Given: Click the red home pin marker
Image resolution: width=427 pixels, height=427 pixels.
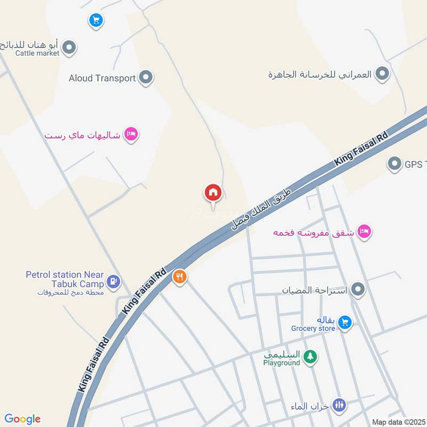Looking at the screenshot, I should coord(213,193).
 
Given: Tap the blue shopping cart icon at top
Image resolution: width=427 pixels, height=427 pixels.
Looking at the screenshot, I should coord(96,21).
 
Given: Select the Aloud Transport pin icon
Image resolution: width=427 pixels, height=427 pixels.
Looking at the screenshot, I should coord(146,78).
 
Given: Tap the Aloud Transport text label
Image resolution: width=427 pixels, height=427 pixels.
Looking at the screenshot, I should coord(102,78).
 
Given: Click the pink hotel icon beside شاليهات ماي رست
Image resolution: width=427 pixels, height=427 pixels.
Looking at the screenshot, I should coord(131,134).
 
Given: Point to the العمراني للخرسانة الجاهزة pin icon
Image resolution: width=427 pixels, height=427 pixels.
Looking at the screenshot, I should coord(382,74).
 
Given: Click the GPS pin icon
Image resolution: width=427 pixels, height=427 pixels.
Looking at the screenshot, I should coord(394,164).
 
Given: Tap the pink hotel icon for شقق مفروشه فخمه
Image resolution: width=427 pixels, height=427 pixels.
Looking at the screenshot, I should coord(365,232).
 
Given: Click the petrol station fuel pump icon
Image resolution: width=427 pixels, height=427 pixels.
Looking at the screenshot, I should coord(113,281).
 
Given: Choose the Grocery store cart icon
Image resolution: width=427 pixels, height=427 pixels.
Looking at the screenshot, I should coord(345,322).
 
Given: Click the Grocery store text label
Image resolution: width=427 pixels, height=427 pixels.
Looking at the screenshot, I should coord(313,328).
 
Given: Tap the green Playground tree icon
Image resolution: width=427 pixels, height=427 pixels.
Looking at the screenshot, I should coord(309,357).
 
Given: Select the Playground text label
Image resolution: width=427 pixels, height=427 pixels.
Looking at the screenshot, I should coord(281,363).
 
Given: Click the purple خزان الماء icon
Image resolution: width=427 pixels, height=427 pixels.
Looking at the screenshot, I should coord(339,405).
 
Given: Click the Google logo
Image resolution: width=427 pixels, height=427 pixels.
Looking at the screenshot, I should coord(22,419).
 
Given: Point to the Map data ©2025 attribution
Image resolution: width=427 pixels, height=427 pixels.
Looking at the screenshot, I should coord(398,422).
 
